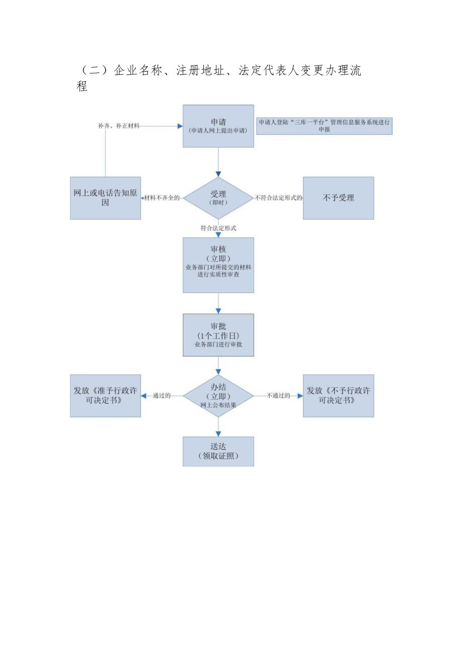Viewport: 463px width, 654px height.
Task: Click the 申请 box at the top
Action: pyautogui.click(x=218, y=126)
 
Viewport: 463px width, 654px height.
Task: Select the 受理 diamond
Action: pyautogui.click(x=218, y=198)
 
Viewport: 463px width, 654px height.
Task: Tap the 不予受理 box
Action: pyautogui.click(x=338, y=198)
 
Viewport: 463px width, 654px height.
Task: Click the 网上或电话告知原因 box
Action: pyautogui.click(x=105, y=198)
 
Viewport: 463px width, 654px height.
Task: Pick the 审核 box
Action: pyautogui.click(x=218, y=265)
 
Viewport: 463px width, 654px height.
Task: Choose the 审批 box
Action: pyautogui.click(x=218, y=335)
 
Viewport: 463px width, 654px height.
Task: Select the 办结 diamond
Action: pyautogui.click(x=218, y=396)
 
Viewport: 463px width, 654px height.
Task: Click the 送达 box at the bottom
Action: pyautogui.click(x=218, y=451)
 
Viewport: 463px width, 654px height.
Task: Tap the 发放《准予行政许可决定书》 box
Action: pyautogui.click(x=105, y=396)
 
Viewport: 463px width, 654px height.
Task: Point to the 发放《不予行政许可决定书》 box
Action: pyautogui.click(x=338, y=396)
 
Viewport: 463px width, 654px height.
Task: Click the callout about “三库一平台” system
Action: pyautogui.click(x=324, y=126)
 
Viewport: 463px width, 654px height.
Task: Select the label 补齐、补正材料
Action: pyautogui.click(x=119, y=126)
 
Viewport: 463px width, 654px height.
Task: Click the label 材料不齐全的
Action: pyautogui.click(x=162, y=198)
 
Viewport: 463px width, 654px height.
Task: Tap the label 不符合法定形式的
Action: pyautogui.click(x=279, y=198)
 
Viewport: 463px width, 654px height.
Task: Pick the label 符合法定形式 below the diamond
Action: pyautogui.click(x=218, y=228)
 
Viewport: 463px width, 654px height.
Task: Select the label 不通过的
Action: pyautogui.click(x=278, y=396)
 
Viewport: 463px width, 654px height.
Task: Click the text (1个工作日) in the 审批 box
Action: pyautogui.click(x=218, y=335)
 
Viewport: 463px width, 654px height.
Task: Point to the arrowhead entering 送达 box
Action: pyautogui.click(x=218, y=433)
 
